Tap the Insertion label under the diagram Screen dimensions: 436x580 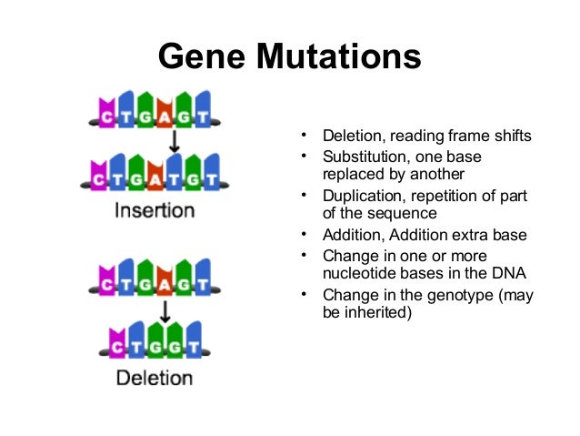pyautogui.click(x=155, y=211)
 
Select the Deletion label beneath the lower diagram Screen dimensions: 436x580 pyautogui.click(x=155, y=376)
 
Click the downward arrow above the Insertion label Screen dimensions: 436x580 pyautogui.click(x=174, y=141)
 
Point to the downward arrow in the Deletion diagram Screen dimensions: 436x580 pyautogui.click(x=165, y=309)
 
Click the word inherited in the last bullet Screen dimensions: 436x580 pyautogui.click(x=378, y=314)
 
